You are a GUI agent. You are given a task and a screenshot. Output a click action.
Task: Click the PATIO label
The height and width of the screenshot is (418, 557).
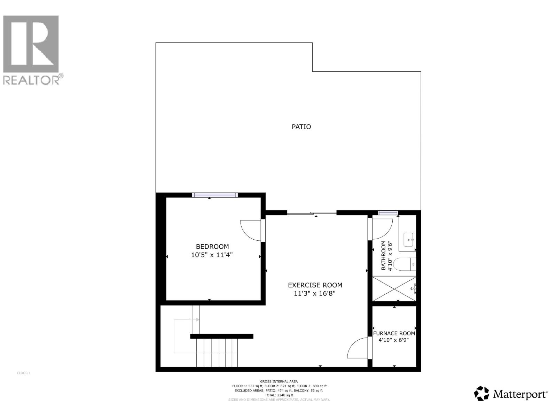(x=301, y=127)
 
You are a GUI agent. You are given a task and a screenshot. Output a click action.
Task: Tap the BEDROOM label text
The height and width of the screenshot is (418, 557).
(x=212, y=247)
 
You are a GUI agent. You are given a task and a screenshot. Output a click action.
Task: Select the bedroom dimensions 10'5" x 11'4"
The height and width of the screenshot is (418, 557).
(x=212, y=255)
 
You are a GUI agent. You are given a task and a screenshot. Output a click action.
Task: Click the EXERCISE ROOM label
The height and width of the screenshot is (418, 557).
(x=315, y=285)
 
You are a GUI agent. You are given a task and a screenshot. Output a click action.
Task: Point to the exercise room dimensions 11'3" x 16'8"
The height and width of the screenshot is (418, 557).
(x=315, y=294)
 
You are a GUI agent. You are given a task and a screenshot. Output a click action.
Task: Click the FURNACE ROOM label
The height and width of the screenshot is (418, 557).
(x=394, y=333)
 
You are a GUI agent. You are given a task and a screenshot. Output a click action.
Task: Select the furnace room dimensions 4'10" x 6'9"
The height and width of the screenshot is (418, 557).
(x=394, y=340)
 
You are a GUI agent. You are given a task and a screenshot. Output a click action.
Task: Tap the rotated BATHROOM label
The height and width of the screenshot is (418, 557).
(x=384, y=255)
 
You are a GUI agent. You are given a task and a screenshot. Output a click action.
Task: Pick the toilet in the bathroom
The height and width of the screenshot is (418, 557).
(x=406, y=264)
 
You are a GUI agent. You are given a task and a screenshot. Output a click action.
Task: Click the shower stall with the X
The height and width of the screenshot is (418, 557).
(x=394, y=289)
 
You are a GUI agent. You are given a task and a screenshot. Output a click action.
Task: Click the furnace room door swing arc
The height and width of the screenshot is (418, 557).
(x=357, y=348)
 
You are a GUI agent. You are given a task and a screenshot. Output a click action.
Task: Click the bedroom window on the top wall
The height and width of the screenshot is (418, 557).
(x=215, y=195)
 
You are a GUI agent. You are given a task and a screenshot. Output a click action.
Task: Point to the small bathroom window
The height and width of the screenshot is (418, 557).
(x=388, y=213)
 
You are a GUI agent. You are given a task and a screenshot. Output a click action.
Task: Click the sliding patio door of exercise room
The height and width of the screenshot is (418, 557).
(x=312, y=213)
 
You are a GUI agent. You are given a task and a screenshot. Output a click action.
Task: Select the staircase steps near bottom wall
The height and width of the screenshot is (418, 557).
(x=217, y=353)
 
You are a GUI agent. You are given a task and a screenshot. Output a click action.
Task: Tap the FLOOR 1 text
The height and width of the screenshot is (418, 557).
(x=24, y=373)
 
